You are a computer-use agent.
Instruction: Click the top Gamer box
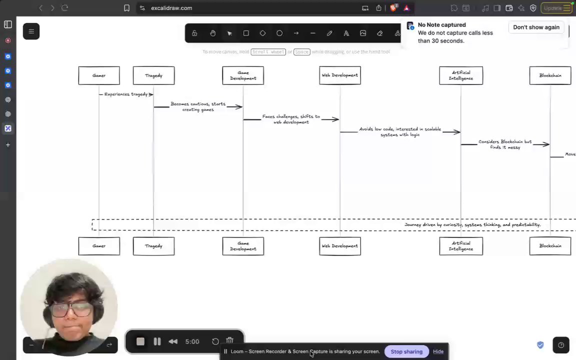(99, 75)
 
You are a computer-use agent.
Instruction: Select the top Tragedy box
(153, 75)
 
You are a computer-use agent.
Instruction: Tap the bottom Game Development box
(243, 246)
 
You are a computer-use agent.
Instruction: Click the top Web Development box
(340, 75)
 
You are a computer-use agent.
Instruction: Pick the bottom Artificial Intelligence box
(461, 246)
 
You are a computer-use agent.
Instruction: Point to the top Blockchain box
(550, 75)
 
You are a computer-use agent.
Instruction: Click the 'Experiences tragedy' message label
(126, 94)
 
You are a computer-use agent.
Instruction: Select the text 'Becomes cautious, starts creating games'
(198, 106)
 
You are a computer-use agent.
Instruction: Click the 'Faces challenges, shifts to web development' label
(291, 119)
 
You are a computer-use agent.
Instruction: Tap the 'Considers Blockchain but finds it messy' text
(505, 144)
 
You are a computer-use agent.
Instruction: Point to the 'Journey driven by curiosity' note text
(472, 225)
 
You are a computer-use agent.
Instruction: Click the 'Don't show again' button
(536, 27)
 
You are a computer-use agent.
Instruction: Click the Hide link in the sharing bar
(438, 351)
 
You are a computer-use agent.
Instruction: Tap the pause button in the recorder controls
(157, 341)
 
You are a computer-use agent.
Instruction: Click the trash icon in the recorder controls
(229, 341)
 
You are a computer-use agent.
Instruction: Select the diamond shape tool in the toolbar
(262, 33)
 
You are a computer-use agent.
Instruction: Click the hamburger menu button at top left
(31, 31)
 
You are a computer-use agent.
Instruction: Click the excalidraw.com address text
(171, 8)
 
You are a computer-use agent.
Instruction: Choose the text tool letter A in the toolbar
(346, 33)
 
